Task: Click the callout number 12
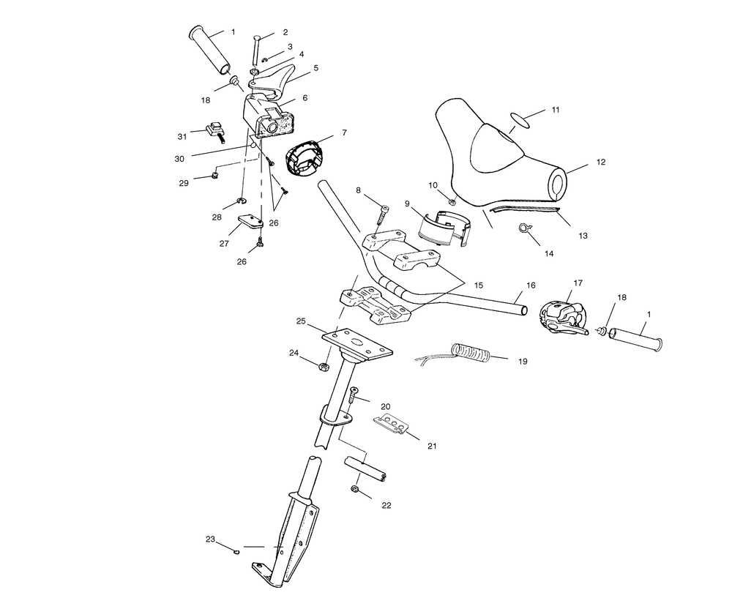601,162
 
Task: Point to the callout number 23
211,539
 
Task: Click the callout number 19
523,361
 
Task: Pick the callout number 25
301,321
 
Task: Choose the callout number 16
531,284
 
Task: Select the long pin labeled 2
257,50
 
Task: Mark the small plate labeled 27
247,221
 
